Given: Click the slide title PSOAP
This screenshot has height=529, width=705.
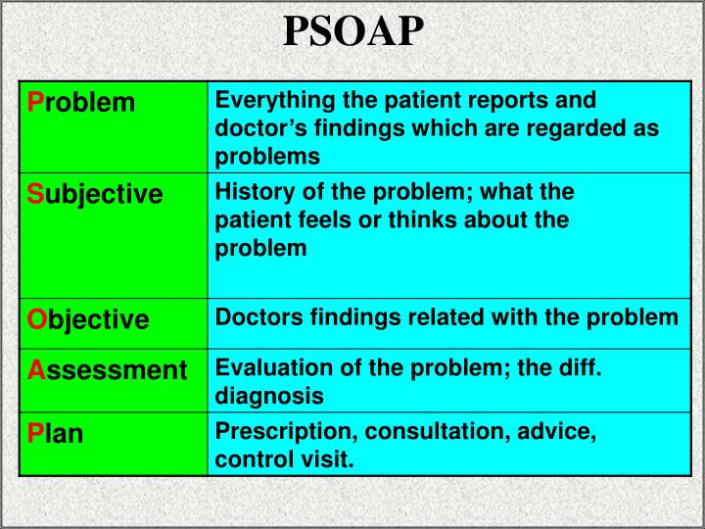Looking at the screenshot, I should [x=353, y=32].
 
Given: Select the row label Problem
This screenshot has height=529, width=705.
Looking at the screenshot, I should [x=80, y=102].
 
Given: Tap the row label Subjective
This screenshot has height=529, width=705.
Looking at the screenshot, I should [x=94, y=194].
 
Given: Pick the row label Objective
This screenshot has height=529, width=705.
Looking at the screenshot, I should [x=87, y=319].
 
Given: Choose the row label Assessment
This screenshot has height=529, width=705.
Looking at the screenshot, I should [x=106, y=370].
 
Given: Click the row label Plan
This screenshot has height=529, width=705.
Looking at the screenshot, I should [x=55, y=433].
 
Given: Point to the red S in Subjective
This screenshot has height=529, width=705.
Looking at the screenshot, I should [x=34, y=194].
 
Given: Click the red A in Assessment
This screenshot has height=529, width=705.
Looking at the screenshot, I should [x=35, y=370].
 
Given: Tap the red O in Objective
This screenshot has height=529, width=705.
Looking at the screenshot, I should [x=36, y=319].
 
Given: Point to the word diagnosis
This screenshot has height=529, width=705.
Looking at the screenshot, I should [x=268, y=396].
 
